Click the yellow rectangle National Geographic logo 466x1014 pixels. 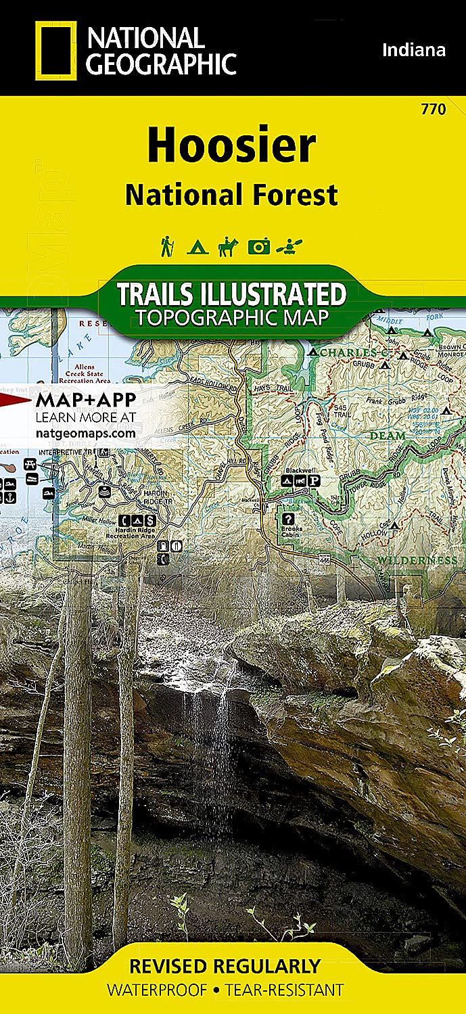55,49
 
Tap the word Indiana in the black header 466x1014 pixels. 414,49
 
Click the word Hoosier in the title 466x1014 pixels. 231,145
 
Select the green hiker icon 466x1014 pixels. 166,246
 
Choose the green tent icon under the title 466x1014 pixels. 196,247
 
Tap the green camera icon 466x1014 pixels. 258,247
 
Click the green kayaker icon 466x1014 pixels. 290,247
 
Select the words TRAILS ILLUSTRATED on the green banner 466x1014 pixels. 231,294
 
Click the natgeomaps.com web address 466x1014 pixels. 85,433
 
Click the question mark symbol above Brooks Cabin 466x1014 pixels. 289,519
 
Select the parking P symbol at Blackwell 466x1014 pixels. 314,481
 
